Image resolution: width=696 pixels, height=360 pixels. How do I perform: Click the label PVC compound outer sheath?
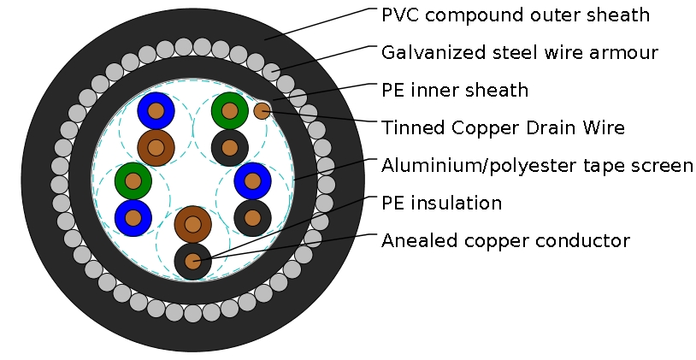tap(516, 15)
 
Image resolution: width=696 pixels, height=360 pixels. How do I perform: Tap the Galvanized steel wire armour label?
tap(520, 53)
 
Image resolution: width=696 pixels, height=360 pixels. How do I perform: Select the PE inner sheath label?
tap(455, 90)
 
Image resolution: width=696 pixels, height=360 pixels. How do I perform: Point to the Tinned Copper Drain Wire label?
tap(504, 127)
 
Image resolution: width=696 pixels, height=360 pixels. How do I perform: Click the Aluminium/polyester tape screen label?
tap(537, 165)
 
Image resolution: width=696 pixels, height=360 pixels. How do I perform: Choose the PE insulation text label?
tap(441, 203)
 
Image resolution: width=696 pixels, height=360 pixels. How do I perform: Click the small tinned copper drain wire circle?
tap(262, 110)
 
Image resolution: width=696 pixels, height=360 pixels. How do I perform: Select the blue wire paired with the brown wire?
tap(156, 111)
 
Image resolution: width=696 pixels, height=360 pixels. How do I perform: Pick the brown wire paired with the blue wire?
tap(156, 148)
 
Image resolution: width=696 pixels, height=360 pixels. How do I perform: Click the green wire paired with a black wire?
tap(229, 109)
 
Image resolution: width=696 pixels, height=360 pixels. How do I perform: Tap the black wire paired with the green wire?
tap(229, 147)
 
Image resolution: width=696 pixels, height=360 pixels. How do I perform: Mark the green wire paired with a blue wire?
tap(133, 180)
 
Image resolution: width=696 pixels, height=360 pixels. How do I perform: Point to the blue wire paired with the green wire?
tap(133, 217)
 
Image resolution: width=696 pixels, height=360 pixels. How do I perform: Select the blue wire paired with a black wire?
tap(252, 180)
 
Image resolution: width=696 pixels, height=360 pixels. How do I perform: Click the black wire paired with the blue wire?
tap(252, 217)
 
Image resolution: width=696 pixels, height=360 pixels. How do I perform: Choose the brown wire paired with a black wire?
tap(192, 224)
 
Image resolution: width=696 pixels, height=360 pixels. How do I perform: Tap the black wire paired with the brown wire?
tap(192, 261)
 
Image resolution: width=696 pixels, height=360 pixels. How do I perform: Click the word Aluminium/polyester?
tap(466, 165)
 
